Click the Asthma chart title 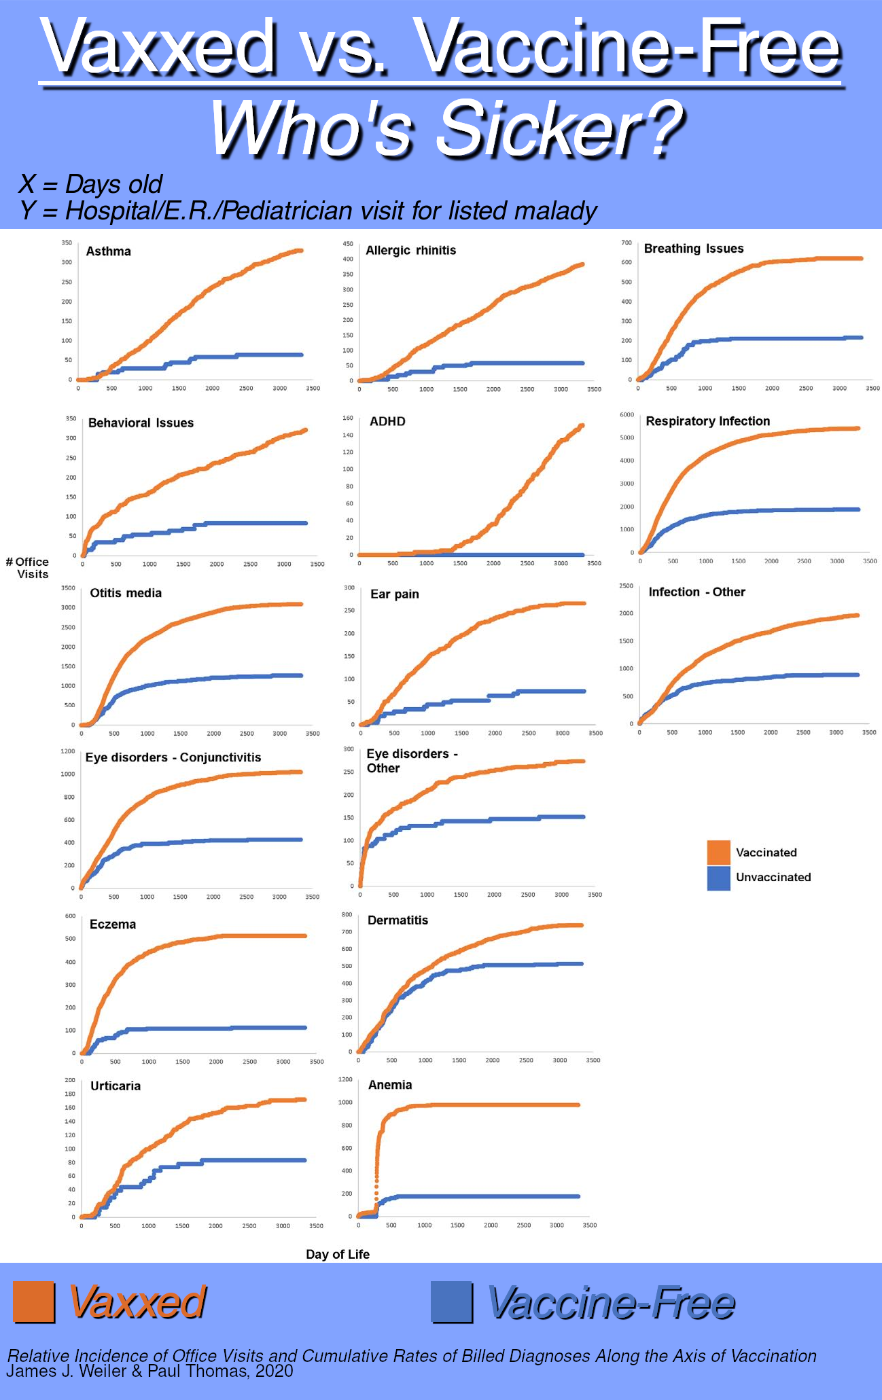tap(108, 251)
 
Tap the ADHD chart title tap(387, 422)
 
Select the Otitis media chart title tap(126, 593)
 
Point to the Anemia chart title tap(390, 1085)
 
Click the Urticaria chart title tap(116, 1085)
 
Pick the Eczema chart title tap(113, 925)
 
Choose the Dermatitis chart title tap(398, 920)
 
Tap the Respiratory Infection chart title tap(707, 421)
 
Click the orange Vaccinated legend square tap(718, 852)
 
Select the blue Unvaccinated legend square tap(718, 878)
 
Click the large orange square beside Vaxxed tap(33, 1302)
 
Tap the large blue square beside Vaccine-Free tap(451, 1302)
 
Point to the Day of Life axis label tap(338, 1254)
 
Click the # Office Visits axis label tap(28, 568)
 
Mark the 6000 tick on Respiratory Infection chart tap(627, 414)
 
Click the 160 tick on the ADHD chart tap(347, 418)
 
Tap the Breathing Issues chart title tap(694, 249)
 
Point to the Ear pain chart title tap(395, 594)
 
